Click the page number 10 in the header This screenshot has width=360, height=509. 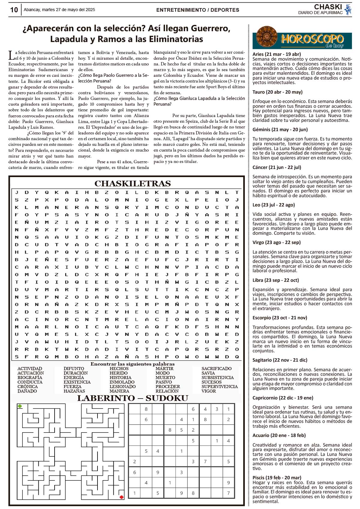coord(14,10)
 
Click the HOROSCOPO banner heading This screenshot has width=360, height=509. coord(312,39)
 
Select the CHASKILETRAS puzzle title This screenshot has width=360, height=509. coord(133,183)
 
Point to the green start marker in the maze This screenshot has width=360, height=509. coord(20,406)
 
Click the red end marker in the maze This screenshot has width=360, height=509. coord(121,497)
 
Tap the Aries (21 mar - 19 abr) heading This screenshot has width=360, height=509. coord(276,54)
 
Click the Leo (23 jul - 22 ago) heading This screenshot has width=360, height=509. coord(274,205)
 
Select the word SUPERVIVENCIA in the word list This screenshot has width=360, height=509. coord(219,387)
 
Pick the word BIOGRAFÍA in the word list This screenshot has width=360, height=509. coord(30,378)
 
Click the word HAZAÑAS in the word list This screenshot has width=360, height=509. coord(74,391)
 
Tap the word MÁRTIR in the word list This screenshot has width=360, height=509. coord(164,369)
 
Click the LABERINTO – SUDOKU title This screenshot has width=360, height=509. coord(133,398)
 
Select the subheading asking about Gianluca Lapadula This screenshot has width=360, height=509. coord(199,101)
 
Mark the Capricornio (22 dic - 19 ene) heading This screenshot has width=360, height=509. coord(283,398)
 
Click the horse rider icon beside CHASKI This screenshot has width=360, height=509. coord(348,9)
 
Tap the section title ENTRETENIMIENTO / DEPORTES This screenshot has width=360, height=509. coord(198,10)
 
